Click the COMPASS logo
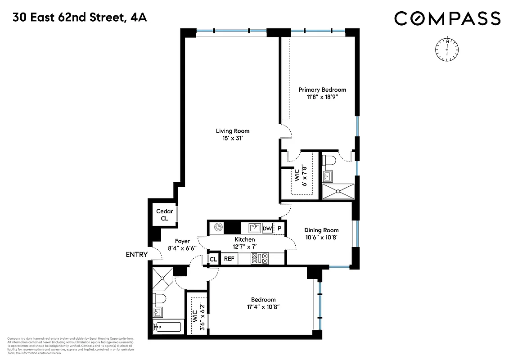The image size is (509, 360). tap(447, 18)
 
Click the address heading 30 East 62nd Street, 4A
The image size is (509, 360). tap(80, 18)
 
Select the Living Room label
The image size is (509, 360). tap(232, 131)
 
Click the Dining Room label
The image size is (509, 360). tap(321, 230)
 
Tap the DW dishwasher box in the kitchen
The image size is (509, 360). tap(267, 228)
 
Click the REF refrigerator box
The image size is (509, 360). tap(229, 259)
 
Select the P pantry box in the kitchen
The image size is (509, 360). tap(279, 228)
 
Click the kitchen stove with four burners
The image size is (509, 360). tap(260, 258)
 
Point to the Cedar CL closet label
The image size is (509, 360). tap(162, 215)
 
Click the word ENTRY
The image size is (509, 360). tap(136, 255)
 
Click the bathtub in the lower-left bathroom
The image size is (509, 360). tap(167, 326)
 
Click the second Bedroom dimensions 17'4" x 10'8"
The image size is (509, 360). tap(263, 307)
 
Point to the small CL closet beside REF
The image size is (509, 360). tap(213, 259)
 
